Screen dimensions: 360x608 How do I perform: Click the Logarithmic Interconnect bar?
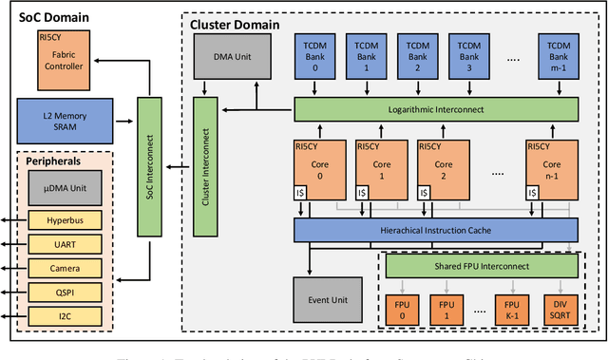tap(435, 109)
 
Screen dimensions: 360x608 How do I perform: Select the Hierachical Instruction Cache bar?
tap(435, 229)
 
